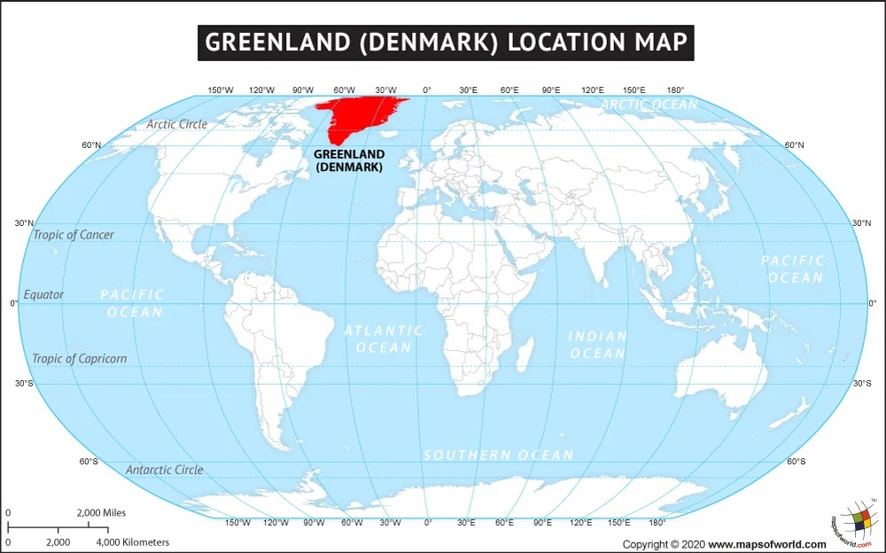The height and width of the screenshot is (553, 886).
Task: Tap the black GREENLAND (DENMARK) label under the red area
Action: point(349,160)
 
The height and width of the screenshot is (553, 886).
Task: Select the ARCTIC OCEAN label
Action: point(649,105)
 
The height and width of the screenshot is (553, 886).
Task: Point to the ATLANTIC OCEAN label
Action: point(384,339)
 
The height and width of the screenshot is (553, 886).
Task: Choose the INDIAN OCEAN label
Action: point(597,345)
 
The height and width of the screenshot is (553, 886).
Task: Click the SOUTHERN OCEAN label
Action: point(498,455)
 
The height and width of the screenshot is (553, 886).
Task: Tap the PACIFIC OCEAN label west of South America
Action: point(132,303)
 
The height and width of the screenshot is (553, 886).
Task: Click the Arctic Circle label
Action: point(177,124)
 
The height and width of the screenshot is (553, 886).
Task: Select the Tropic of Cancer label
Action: point(74,235)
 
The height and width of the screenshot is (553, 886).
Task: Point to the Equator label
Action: point(43,294)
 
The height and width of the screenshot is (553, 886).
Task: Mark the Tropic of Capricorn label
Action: point(79,359)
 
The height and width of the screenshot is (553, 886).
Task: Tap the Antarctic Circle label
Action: point(164,470)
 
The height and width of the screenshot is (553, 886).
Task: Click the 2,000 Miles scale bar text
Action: point(101,513)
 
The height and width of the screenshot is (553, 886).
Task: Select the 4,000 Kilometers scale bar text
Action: point(132,541)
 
